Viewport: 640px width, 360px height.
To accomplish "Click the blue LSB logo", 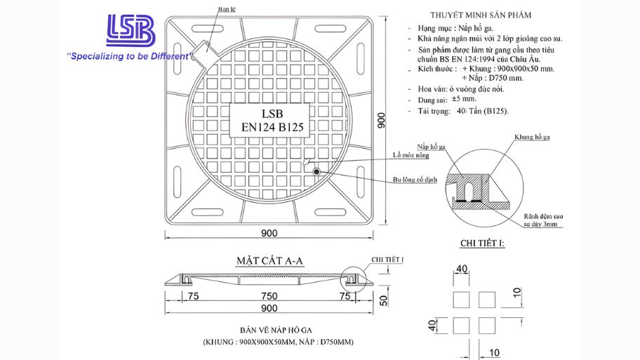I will tap(130, 32).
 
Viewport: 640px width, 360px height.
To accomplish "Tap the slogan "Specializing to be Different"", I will tap(128, 56).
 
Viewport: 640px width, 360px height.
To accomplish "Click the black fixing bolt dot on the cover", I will tap(317, 172).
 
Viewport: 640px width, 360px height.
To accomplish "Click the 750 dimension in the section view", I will tap(268, 297).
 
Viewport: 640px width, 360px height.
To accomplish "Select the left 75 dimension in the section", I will tap(192, 297).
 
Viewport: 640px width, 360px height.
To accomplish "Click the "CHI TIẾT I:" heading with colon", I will tap(481, 244).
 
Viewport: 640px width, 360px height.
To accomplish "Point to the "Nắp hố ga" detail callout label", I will tap(432, 146).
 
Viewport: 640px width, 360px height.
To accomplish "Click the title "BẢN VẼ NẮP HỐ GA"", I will tap(279, 329).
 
